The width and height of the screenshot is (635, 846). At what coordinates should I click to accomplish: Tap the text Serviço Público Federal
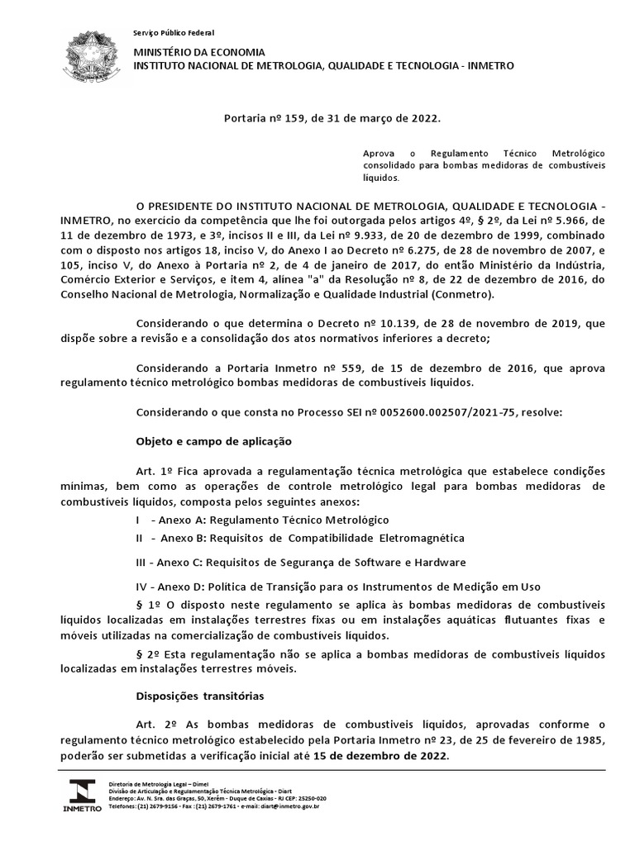point(174,32)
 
